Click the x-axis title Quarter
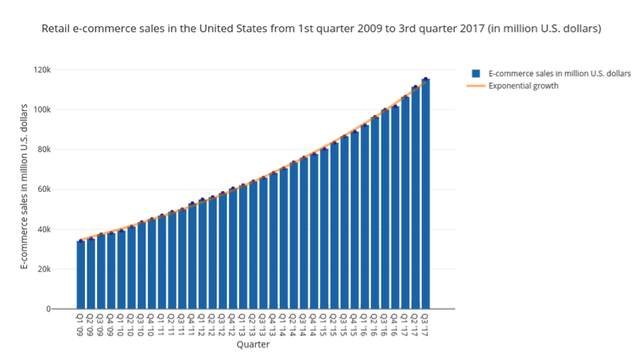[253, 345]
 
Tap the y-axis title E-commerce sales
[24, 186]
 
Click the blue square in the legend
[476, 74]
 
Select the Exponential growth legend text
[523, 86]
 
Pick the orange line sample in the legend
[476, 86]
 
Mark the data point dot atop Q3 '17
[426, 79]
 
